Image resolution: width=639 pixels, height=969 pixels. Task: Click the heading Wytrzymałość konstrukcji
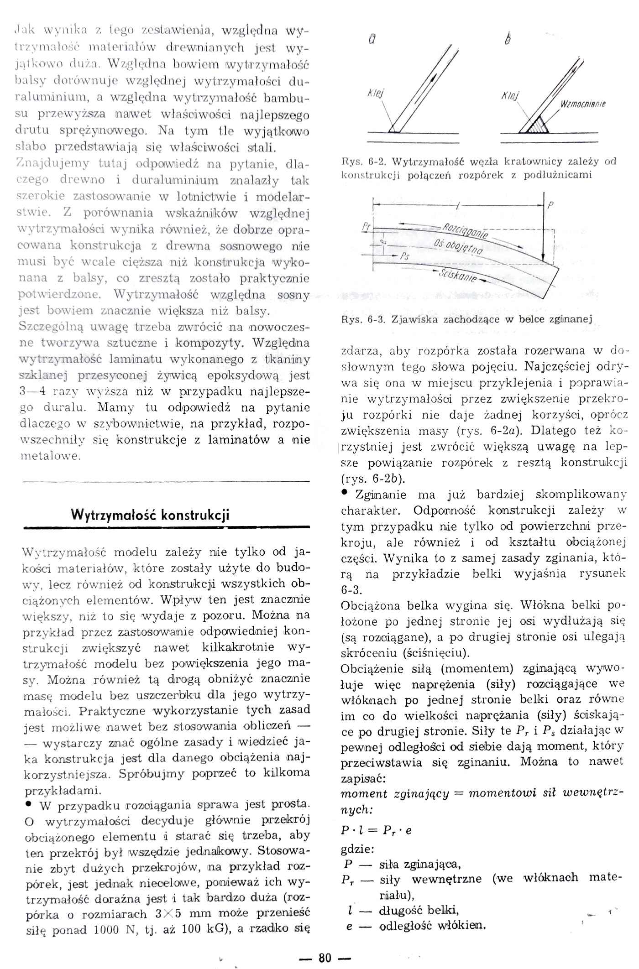150,515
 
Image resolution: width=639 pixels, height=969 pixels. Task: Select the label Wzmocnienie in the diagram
582,104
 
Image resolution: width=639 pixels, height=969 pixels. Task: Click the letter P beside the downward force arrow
550,205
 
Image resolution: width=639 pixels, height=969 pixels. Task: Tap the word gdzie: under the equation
357,849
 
